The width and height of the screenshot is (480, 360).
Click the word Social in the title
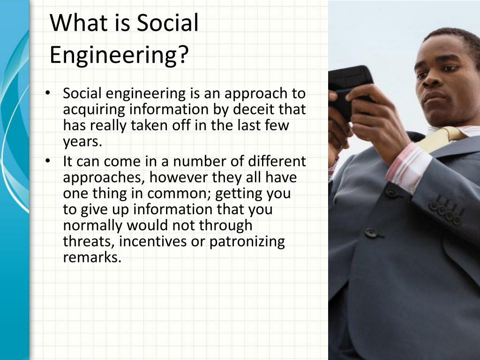(x=167, y=22)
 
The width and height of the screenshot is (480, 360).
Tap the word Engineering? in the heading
(x=119, y=55)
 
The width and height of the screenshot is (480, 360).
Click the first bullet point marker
(x=47, y=93)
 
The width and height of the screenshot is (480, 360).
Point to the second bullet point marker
(x=47, y=161)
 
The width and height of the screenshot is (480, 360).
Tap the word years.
(x=82, y=142)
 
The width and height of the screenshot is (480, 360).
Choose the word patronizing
(x=247, y=242)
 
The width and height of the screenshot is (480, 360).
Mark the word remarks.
(x=92, y=257)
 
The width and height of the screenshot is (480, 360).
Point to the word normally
(x=93, y=226)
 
